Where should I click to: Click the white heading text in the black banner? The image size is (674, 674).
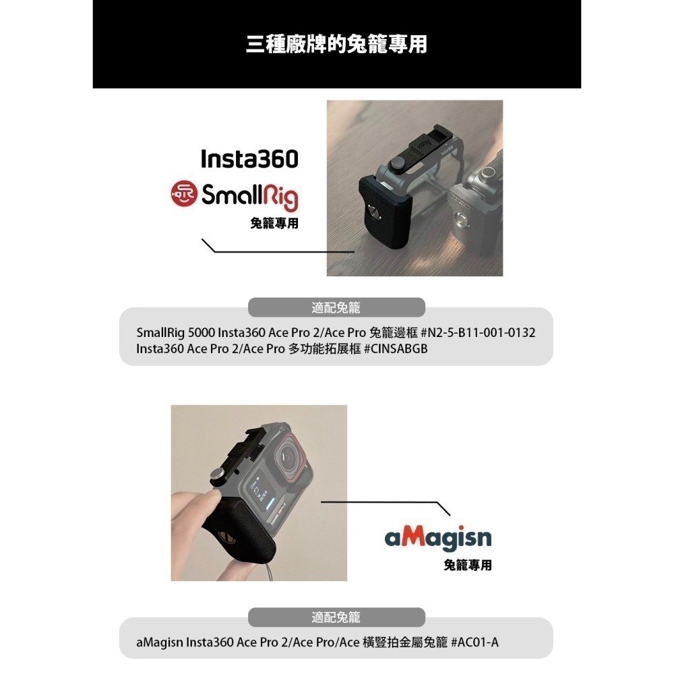(336, 44)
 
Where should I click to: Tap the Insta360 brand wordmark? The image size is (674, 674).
(249, 160)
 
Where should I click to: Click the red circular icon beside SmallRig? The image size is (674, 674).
(184, 193)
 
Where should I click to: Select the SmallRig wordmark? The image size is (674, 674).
(249, 196)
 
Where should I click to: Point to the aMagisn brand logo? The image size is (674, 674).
(438, 538)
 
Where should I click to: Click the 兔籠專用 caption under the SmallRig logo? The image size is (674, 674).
(274, 223)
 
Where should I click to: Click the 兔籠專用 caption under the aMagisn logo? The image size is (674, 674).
(467, 565)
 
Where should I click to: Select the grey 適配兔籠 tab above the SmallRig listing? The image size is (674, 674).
(336, 307)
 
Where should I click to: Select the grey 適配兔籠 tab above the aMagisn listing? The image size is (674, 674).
(336, 617)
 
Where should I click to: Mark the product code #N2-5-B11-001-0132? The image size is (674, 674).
(478, 333)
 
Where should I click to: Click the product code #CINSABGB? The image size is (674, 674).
(396, 348)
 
